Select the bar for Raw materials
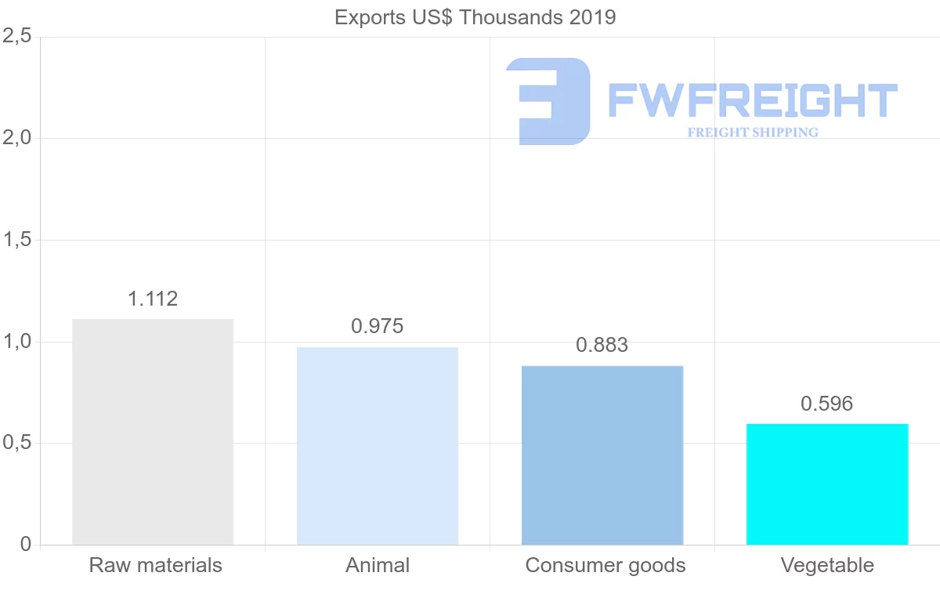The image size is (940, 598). point(153,432)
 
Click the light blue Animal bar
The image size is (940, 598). point(378,446)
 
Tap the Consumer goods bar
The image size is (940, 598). point(602,455)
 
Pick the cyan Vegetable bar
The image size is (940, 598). point(827,484)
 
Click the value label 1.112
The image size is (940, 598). point(153,299)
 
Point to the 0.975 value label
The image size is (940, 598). point(378,326)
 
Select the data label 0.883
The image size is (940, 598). point(602,345)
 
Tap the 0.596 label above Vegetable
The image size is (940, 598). point(827,404)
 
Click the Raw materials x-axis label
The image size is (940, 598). point(156,565)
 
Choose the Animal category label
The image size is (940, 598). point(378,565)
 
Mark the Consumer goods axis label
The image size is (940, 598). point(606,565)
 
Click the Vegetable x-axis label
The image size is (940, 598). point(827,565)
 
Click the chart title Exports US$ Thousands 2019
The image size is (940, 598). point(475,16)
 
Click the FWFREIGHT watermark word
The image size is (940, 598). point(752,100)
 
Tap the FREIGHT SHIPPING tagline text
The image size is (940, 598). point(753,132)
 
